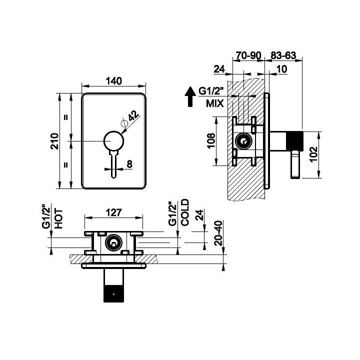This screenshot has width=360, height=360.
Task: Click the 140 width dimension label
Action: click(113, 81)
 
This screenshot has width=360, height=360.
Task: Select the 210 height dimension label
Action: click(54, 141)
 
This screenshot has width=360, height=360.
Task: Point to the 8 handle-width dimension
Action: click(129, 164)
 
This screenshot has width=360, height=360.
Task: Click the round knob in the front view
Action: click(113, 140)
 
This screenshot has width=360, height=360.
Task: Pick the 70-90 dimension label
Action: click(248, 55)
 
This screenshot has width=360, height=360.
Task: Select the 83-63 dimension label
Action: click(283, 55)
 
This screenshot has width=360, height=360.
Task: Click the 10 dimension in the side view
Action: click(282, 69)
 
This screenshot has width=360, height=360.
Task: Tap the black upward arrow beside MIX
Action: click(190, 96)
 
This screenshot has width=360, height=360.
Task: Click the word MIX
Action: click(214, 103)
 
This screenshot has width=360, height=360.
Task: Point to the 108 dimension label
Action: click(211, 141)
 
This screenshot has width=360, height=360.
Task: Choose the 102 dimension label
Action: click(313, 154)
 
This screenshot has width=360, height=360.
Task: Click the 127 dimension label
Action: click(113, 212)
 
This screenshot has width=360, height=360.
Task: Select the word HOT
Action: click(58, 218)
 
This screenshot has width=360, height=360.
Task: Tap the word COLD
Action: click(185, 212)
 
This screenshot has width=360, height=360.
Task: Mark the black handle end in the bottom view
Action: click(113, 293)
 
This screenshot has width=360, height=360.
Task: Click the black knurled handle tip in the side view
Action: click(294, 141)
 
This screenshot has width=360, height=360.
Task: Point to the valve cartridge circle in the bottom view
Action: click(113, 242)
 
